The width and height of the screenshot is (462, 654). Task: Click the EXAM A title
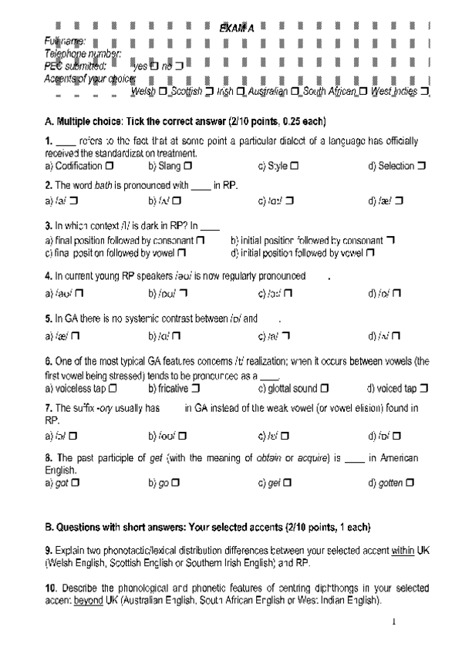click(236, 28)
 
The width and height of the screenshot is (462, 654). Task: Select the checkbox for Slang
click(187, 166)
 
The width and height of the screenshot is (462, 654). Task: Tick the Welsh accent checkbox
click(162, 92)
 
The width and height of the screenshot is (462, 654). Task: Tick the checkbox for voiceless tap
click(113, 389)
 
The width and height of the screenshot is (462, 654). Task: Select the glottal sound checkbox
click(325, 389)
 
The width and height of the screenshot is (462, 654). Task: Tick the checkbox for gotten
click(410, 483)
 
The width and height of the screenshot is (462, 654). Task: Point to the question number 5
click(48, 318)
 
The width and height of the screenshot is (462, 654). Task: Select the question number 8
click(48, 458)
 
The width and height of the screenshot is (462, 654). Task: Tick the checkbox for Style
click(295, 166)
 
